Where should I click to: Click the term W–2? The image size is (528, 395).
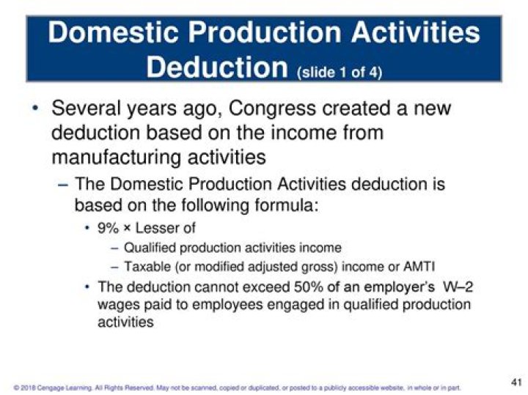point(455,287)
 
